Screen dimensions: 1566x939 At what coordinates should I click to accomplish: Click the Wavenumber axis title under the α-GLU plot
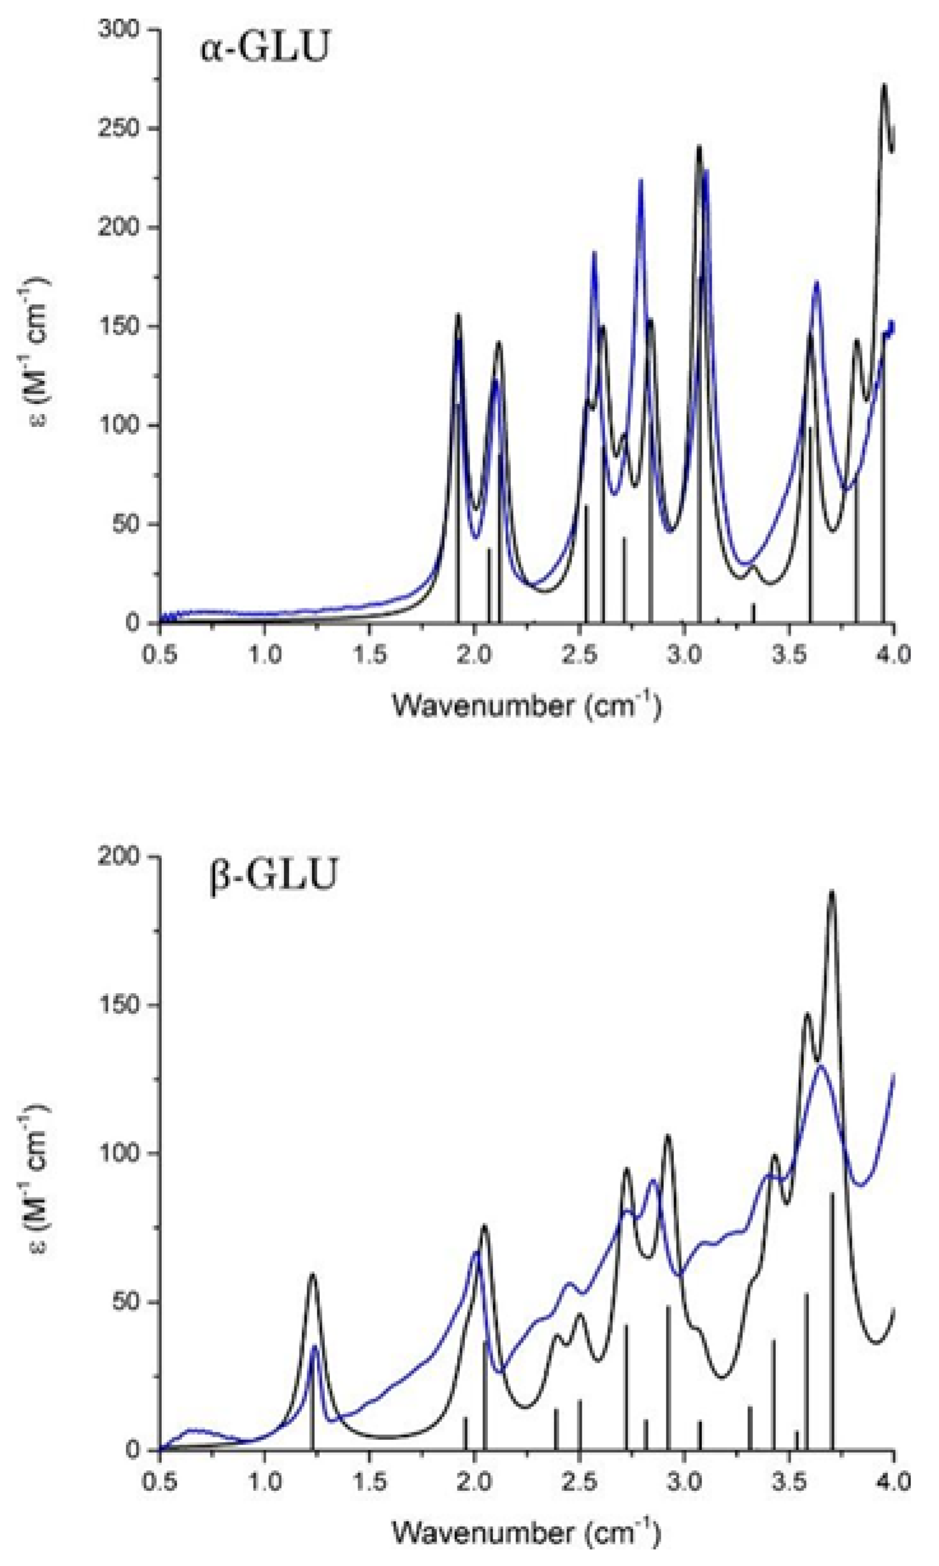point(526,707)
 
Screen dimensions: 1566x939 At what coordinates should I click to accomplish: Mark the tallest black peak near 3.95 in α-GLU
point(884,85)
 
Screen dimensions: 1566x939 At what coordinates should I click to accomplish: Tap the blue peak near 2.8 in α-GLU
point(641,180)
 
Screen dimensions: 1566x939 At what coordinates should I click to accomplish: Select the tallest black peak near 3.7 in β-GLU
point(831,892)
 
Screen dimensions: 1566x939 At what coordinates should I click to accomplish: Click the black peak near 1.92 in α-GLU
point(457,315)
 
